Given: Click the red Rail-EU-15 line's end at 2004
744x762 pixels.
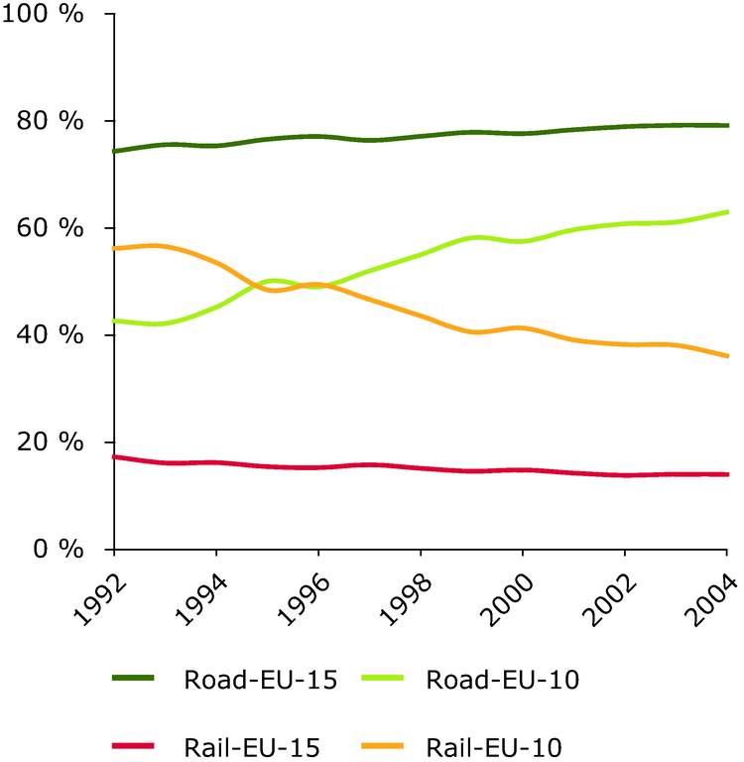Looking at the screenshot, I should [727, 474].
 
